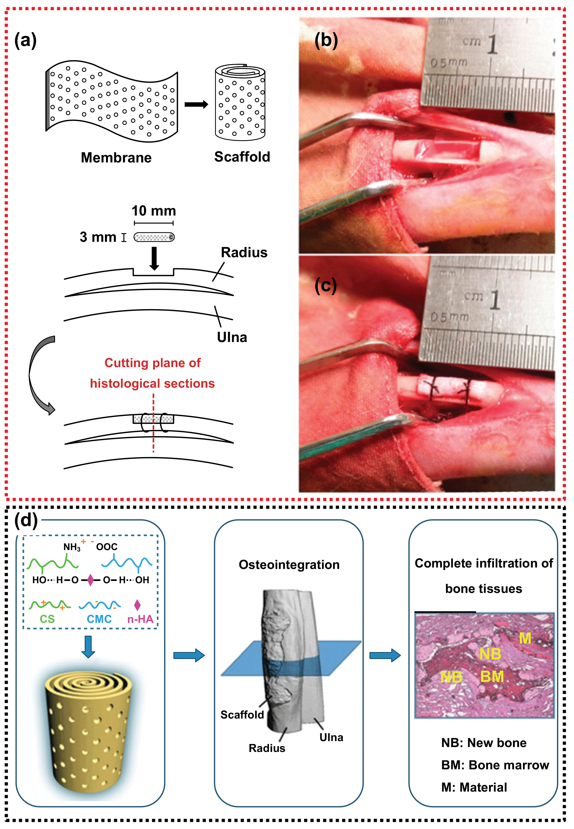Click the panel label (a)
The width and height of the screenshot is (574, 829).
[25, 40]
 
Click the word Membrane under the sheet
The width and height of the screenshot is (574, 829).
[116, 157]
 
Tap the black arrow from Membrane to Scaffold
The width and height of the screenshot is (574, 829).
[196, 104]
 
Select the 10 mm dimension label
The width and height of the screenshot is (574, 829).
[154, 211]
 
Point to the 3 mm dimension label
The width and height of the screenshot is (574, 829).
[98, 237]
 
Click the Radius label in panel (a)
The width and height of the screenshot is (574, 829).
[244, 252]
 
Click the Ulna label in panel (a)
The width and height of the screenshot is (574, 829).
[232, 337]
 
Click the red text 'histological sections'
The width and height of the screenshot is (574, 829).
[152, 383]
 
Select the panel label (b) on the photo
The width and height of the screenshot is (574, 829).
[326, 40]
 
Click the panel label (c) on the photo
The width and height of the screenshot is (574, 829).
[325, 285]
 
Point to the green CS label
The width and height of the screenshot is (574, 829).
[47, 619]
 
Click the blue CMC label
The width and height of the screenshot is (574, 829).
[99, 619]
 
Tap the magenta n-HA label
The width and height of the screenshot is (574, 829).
[140, 619]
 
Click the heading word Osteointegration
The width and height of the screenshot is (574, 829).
[289, 564]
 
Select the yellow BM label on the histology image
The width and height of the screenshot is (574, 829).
[492, 676]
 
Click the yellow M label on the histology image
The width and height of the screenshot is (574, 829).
[525, 638]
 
